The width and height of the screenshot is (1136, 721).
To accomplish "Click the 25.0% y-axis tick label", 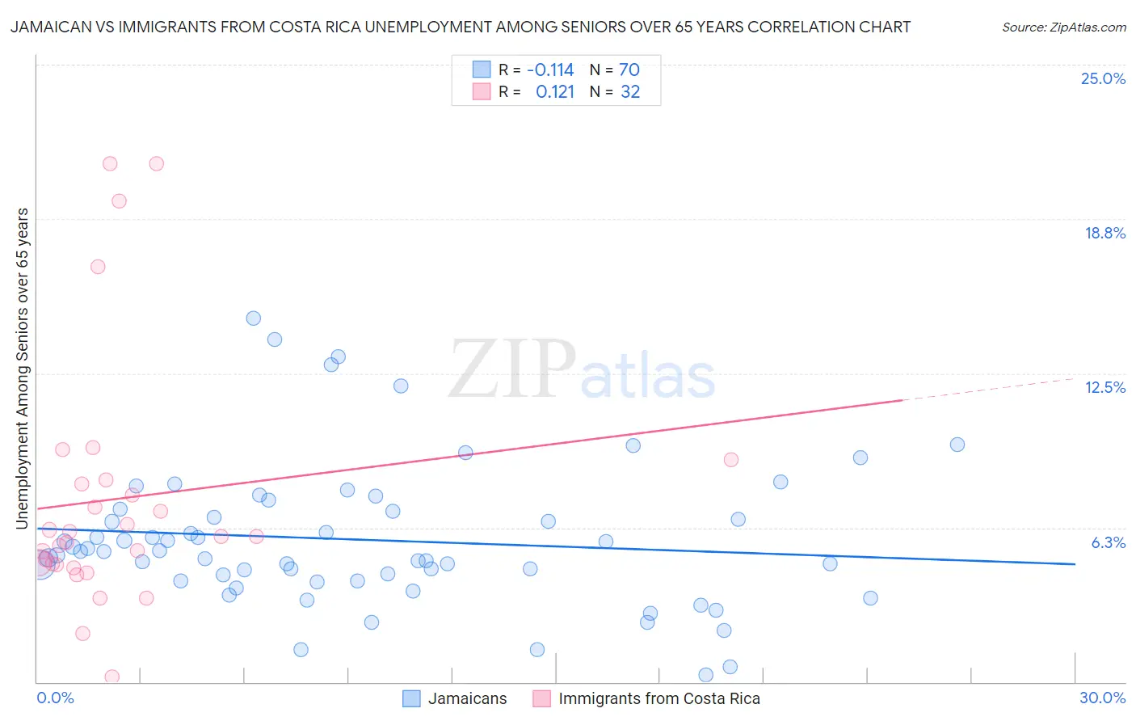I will point(1103,79).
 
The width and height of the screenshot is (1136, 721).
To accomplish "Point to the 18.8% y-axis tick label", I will point(1104,234).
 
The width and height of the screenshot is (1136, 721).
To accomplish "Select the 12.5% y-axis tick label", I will point(1104,388).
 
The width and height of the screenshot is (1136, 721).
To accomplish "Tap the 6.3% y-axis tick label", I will point(1108,543).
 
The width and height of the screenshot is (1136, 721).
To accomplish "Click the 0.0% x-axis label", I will point(55,698).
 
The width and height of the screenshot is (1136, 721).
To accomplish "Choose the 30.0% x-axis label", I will point(1102,698).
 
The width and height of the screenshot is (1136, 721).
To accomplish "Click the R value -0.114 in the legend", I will point(550,70).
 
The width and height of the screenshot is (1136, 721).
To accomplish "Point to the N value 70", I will point(629,70).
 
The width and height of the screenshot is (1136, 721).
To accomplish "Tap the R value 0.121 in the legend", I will point(555,92).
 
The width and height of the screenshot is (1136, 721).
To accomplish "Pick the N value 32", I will point(630,92).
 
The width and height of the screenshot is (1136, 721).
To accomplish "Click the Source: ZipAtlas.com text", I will point(1063,27).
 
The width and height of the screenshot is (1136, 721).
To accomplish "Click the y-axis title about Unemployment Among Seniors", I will point(23,369).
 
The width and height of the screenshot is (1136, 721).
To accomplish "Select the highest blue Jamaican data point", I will point(254,318).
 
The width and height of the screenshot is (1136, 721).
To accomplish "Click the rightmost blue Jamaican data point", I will point(957,445).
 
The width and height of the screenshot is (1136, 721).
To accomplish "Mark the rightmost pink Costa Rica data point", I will point(731,460).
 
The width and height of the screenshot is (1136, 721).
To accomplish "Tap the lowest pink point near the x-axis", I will point(112,677).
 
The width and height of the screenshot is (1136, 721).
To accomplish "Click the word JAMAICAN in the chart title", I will point(48,27).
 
